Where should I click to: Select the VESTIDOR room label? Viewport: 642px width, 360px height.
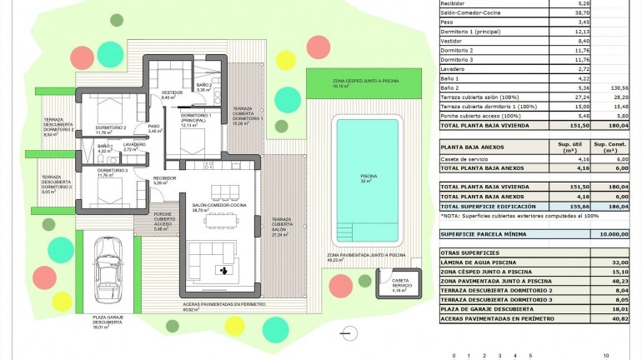172,94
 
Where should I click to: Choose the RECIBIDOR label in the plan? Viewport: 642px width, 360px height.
164,180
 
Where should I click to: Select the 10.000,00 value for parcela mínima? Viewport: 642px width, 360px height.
614,235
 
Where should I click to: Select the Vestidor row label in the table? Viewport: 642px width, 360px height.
454,41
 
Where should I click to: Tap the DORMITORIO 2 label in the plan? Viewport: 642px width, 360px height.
110,129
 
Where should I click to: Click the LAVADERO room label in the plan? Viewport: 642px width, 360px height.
134,147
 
